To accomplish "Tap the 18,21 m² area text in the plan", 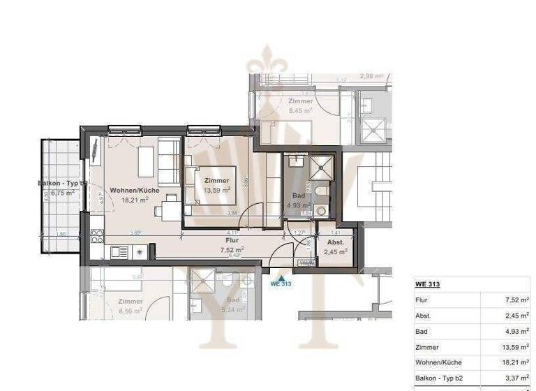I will pos(135,200).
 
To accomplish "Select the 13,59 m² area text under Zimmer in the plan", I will pos(216,190).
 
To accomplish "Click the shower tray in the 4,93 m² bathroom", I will pos(322,166).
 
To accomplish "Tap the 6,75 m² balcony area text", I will pos(62,193).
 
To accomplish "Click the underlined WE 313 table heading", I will pos(427,284).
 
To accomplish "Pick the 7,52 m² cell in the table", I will pos(516,300).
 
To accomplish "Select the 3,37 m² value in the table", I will pos(516,378).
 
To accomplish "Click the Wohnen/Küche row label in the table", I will pos(438,362).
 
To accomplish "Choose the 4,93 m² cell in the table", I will pos(516,331).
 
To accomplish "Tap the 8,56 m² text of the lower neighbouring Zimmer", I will pos(129,310).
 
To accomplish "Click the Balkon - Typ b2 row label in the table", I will pos(440,378).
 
